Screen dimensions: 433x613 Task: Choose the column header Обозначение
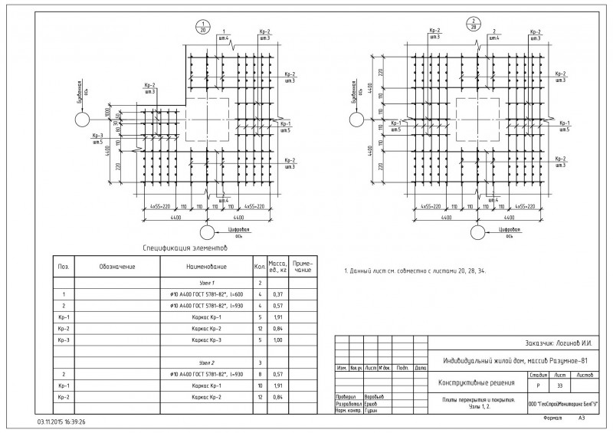[x=116, y=267]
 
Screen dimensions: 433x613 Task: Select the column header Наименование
[x=206, y=267]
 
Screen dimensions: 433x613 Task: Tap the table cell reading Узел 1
[x=206, y=284]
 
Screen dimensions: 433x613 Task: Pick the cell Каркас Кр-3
[x=206, y=340]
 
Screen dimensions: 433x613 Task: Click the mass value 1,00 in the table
[x=277, y=340]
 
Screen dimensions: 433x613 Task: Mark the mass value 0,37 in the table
[x=277, y=295]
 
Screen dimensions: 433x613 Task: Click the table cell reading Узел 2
[x=206, y=362]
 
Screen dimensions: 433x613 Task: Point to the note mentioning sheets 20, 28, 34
[x=415, y=271]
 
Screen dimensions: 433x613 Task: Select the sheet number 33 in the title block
[x=559, y=386]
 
